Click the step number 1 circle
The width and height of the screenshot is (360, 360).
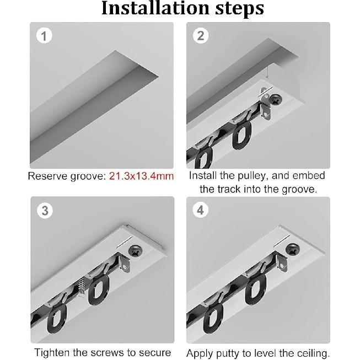pos(44,36)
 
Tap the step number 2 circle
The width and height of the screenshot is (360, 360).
pos(201,36)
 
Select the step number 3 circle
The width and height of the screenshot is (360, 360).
pos(45,211)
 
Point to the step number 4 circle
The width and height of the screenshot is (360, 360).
pos(201,211)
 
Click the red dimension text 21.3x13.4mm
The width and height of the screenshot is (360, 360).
pos(141,176)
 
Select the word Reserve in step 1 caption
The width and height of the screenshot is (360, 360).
pos(47,176)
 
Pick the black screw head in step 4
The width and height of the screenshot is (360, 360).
pos(292,251)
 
